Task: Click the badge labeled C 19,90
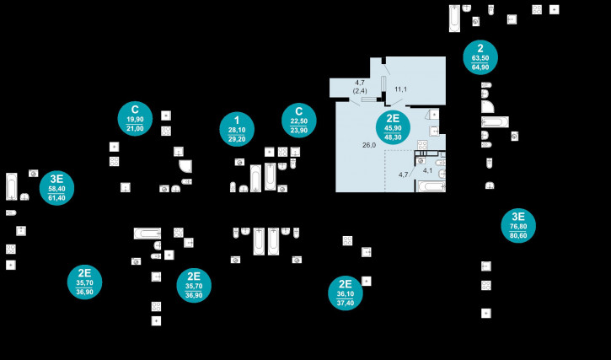tap(135, 118)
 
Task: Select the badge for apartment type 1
tap(237, 128)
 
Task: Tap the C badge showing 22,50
tap(298, 120)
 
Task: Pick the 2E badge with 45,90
tap(393, 127)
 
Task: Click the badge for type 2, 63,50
tap(480, 56)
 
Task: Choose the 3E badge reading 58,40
tap(56, 188)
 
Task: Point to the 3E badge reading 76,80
tap(518, 225)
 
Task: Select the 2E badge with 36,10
tap(345, 293)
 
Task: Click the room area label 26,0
tap(368, 145)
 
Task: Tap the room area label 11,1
tap(401, 89)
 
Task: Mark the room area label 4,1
tap(427, 170)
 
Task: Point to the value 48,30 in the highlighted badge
tap(393, 137)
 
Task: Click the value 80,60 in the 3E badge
tap(518, 236)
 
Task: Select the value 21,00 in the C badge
tap(135, 128)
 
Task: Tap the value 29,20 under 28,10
tap(237, 138)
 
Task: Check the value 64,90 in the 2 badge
tap(480, 67)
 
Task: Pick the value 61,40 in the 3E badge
tap(56, 198)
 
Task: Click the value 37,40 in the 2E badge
tap(345, 303)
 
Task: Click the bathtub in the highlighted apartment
tap(431, 186)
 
